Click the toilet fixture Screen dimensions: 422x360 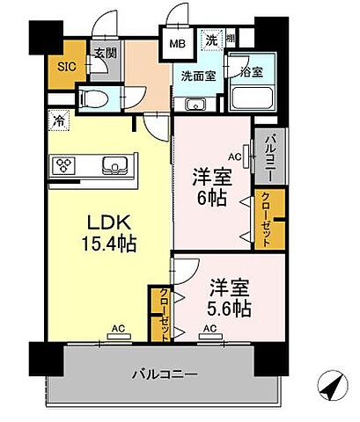tap(94, 96)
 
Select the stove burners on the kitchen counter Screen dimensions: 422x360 tap(67, 165)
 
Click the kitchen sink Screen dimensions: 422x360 tap(114, 164)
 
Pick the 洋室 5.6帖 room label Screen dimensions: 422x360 tap(230, 297)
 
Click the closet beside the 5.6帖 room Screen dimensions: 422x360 tap(165, 312)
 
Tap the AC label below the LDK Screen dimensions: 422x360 tap(117, 331)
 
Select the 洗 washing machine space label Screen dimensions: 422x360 tap(212, 39)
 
